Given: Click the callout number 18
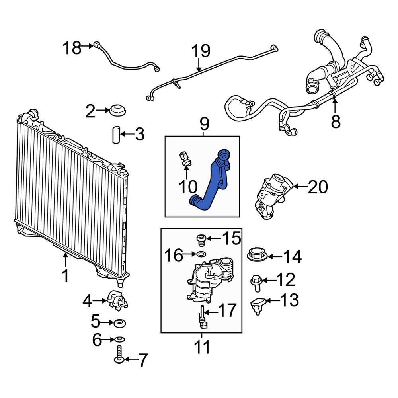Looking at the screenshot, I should coord(72,49).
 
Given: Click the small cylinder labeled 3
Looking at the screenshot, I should coord(115,135).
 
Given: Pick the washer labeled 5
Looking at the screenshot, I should coord(119,322).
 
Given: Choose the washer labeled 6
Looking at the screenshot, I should coord(119,339).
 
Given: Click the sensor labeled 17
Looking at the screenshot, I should coord(203,317).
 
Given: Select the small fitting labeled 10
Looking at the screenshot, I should coord(185,158).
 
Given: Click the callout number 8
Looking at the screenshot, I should coord(336,121).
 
